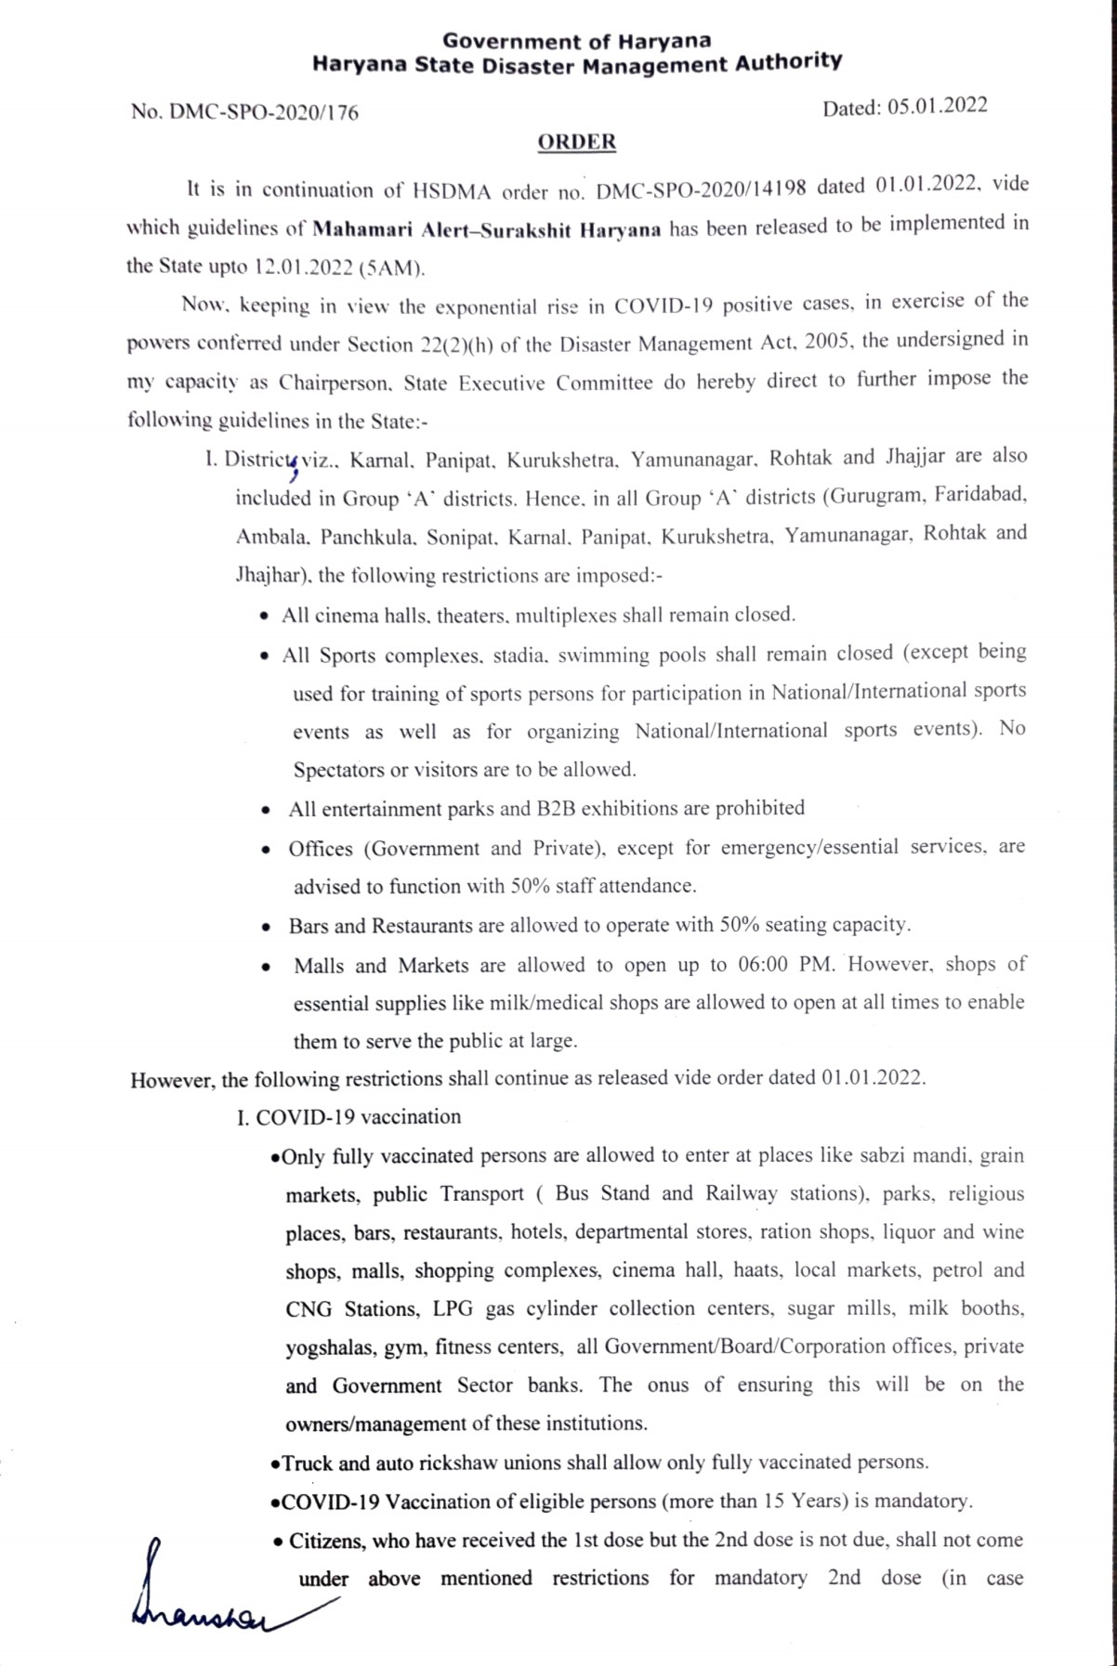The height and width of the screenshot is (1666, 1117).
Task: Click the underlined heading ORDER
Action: point(576,142)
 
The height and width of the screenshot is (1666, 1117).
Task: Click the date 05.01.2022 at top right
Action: point(937,106)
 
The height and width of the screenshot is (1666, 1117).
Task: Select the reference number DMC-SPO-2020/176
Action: point(261,113)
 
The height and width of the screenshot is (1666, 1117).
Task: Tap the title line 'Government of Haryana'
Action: point(576,40)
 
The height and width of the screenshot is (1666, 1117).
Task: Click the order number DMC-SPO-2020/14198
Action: point(703,189)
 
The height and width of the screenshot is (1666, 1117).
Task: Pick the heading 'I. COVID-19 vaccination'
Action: point(348,1117)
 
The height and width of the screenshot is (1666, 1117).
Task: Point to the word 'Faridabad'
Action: point(981,495)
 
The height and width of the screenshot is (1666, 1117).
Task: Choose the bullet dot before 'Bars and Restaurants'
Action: point(268,927)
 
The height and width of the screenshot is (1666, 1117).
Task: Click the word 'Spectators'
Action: point(338,770)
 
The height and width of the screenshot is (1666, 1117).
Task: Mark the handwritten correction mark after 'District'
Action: point(294,466)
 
